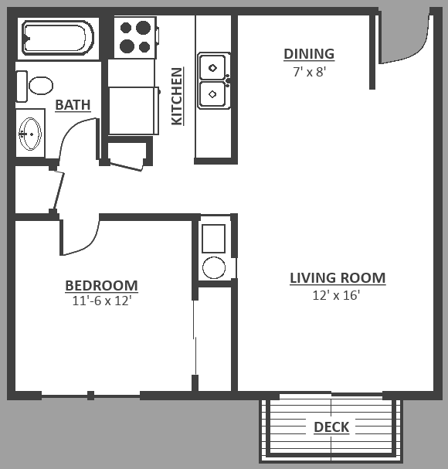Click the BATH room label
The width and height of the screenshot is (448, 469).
coord(73,104)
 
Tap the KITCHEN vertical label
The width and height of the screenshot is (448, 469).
coord(177,97)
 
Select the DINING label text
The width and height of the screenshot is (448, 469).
coord(309,54)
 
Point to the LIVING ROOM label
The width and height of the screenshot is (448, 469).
coord(338,278)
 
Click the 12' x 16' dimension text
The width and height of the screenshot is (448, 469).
coord(338,294)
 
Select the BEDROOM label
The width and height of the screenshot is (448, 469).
coord(101,286)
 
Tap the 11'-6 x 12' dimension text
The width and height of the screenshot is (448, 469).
coord(101,301)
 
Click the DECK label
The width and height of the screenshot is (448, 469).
coord(331,427)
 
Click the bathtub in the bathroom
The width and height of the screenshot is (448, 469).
coord(58,36)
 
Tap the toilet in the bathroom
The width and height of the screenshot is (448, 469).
coord(35,83)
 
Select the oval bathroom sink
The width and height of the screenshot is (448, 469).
coord(30,133)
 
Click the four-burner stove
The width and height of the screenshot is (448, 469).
coord(134,37)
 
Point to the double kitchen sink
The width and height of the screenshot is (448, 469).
coord(212,80)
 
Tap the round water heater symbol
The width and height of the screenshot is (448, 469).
coord(214,268)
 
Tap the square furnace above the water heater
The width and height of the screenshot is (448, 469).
coord(214,237)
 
